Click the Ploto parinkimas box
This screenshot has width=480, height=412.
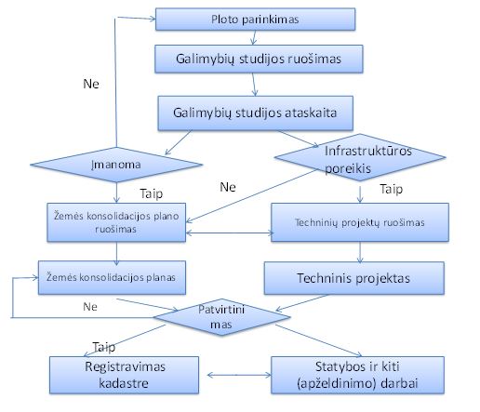255,20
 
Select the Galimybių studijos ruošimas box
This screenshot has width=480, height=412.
259,59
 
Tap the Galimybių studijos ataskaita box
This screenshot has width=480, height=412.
256,113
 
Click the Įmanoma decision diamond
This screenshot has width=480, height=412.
116,165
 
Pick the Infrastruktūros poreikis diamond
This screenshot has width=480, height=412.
360,157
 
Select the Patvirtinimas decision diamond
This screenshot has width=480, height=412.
221,317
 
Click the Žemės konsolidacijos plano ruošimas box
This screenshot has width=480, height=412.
116,222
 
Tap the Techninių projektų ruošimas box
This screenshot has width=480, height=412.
360,222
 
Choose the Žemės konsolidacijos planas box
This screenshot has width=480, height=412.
112,277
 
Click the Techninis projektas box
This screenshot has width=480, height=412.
354,278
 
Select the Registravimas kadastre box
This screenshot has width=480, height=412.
124,375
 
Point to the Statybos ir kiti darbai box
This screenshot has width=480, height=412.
357,375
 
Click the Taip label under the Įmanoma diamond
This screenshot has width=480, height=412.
152,194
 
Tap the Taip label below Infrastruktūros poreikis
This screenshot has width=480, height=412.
392,189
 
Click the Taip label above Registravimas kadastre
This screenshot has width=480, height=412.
104,347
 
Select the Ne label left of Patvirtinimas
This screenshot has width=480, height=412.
90,307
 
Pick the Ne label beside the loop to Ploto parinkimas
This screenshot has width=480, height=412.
91,84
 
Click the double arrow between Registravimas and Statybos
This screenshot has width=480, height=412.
239,375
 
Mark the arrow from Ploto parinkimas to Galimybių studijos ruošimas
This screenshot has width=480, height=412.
254,37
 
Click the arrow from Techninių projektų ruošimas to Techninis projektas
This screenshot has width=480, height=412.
360,252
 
